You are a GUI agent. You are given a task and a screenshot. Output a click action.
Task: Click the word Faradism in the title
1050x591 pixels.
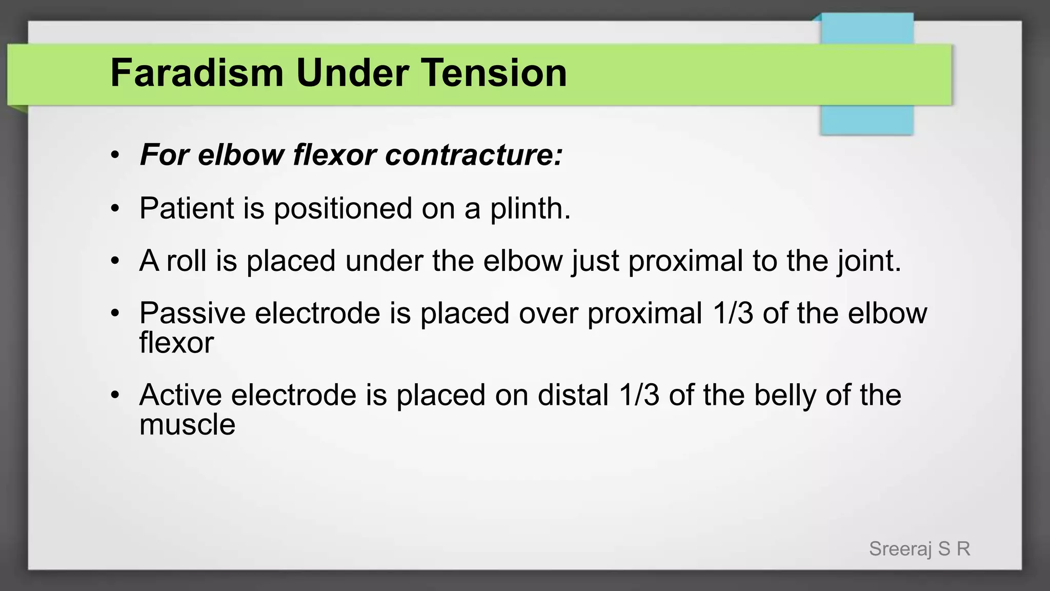click(x=196, y=73)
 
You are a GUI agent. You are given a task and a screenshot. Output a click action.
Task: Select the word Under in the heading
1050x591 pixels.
click(x=352, y=73)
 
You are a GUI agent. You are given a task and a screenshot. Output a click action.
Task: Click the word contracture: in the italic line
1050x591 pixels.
click(x=474, y=154)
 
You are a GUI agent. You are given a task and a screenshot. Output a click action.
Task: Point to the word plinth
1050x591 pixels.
click(x=530, y=209)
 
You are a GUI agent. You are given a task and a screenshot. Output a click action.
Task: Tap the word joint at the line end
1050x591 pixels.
click(x=869, y=262)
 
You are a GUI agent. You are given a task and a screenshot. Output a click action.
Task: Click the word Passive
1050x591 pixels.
click(x=192, y=313)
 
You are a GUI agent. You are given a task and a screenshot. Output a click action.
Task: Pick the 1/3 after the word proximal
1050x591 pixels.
click(x=733, y=313)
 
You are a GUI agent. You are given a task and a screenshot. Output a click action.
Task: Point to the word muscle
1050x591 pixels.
click(x=187, y=425)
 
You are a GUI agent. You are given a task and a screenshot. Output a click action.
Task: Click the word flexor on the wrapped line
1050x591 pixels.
click(x=176, y=343)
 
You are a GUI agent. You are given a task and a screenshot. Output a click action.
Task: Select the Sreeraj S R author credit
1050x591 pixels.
click(x=919, y=549)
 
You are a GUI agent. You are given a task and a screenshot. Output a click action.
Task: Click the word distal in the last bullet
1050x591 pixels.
click(x=573, y=395)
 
